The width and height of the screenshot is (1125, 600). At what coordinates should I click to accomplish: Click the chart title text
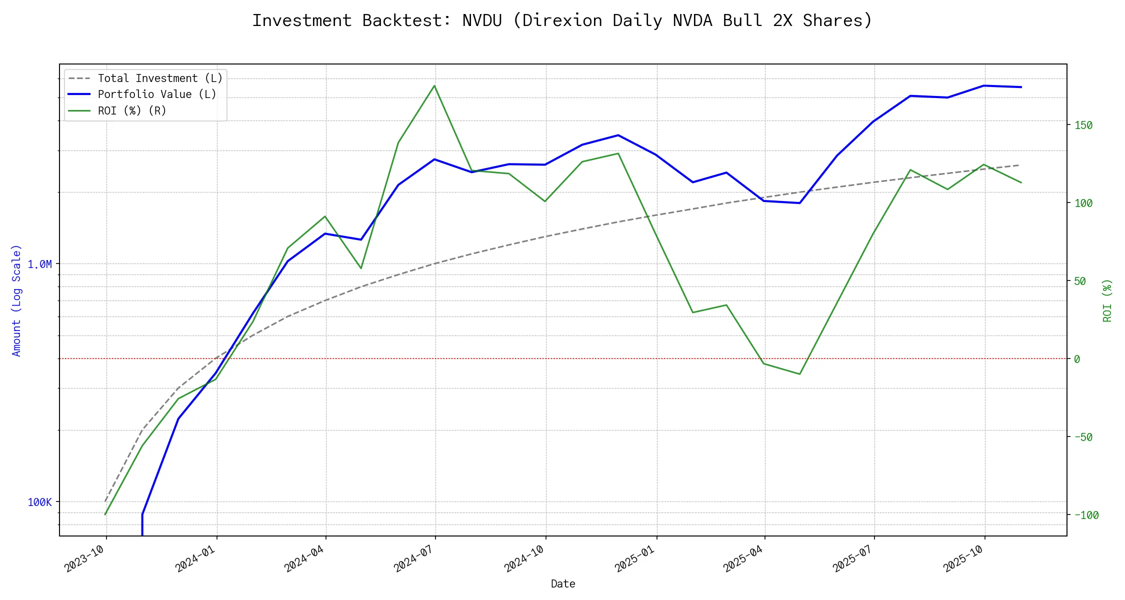click(x=562, y=20)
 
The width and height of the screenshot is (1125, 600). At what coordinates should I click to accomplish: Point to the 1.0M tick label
click(x=39, y=264)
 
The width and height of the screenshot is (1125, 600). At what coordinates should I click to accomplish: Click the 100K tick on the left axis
click(x=39, y=502)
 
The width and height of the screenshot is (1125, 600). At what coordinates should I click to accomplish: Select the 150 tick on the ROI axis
click(x=1083, y=125)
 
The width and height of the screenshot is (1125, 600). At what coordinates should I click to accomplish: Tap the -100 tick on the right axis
click(x=1086, y=515)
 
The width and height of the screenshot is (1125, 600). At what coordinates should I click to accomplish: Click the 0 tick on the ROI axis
click(x=1077, y=359)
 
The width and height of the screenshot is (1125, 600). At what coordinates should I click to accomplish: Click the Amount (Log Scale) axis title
click(x=16, y=300)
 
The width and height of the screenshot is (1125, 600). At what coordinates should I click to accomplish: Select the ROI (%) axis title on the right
click(x=1107, y=300)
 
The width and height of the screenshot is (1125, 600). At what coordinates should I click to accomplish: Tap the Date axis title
click(x=563, y=583)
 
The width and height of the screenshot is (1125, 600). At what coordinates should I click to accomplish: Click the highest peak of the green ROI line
click(x=434, y=85)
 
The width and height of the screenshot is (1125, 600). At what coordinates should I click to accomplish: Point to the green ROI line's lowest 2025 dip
click(x=800, y=374)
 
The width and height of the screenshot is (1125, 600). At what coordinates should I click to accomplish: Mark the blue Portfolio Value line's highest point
click(x=984, y=85)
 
